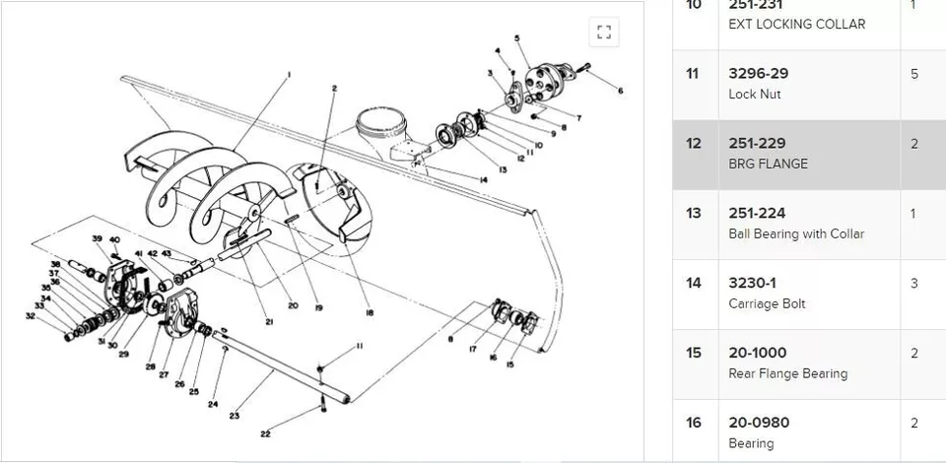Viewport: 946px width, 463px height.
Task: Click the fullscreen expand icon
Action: (604, 33)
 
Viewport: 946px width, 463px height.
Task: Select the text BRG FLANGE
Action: (768, 164)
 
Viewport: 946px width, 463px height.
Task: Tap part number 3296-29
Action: (758, 73)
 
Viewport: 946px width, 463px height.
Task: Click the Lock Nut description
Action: (754, 94)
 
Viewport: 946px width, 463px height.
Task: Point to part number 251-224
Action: (757, 213)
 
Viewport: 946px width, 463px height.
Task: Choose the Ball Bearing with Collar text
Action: (796, 233)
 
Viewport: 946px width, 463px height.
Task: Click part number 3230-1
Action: (753, 283)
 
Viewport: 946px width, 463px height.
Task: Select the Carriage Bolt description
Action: (767, 303)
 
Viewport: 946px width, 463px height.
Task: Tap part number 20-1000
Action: (757, 353)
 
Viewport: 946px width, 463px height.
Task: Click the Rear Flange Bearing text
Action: (787, 373)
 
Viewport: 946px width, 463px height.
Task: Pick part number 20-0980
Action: (759, 423)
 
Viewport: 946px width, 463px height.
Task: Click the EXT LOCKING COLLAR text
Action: (796, 24)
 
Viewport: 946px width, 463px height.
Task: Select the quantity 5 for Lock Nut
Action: (914, 74)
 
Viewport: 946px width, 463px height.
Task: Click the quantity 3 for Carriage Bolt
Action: (914, 284)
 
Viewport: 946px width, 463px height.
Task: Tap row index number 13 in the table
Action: (694, 213)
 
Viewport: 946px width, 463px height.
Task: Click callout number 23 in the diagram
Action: (235, 416)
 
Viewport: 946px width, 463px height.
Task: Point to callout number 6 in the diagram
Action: (621, 91)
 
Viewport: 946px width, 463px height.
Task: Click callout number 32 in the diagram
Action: (31, 316)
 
